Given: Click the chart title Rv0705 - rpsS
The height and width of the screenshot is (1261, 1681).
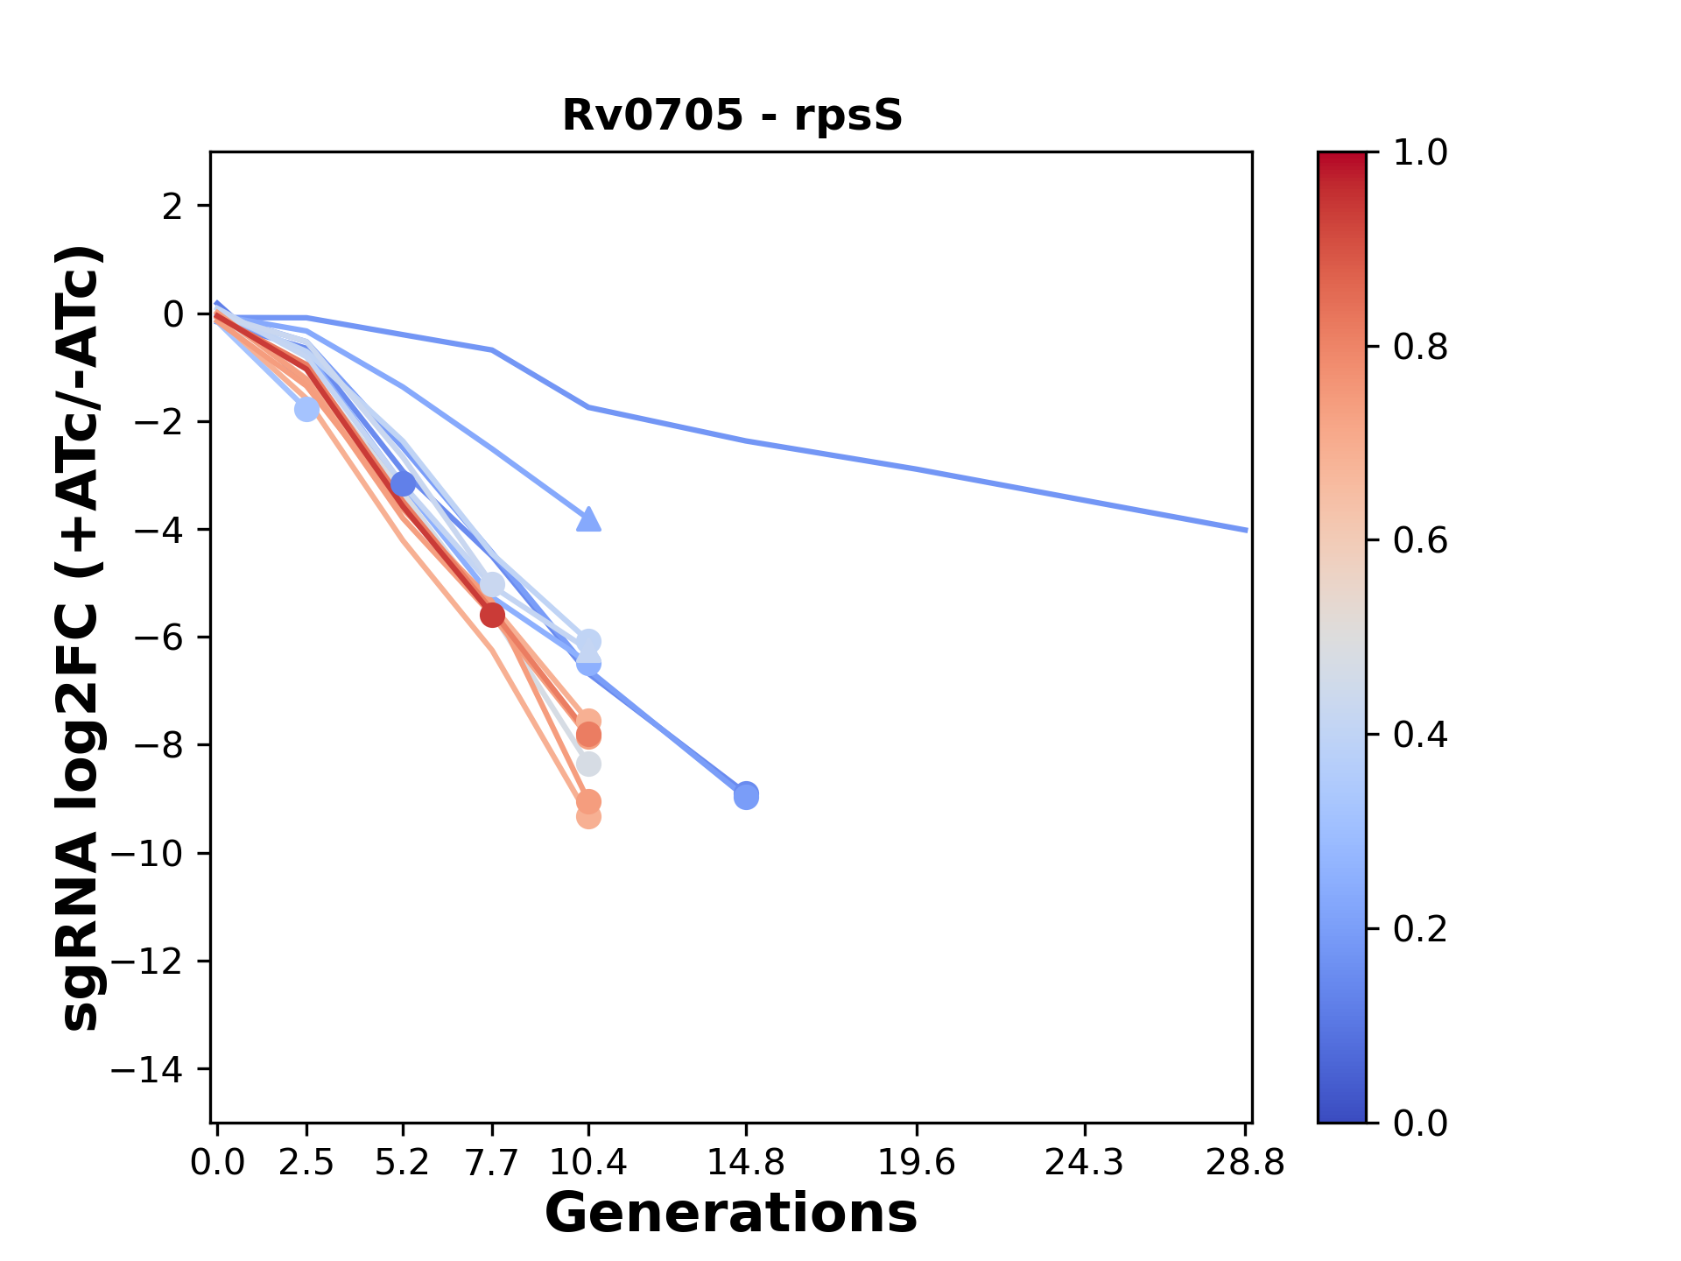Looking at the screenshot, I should pos(732,116).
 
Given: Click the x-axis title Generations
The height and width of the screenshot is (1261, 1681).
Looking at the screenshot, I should pos(731,1214).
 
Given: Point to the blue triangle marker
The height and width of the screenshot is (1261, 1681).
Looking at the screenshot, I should pos(589,519).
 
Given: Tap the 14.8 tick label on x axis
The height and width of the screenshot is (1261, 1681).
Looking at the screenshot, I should pos(746,1162).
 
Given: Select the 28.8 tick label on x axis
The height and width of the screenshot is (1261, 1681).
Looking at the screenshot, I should pos(1245,1162).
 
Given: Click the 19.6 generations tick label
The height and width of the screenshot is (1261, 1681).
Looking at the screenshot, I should pos(917,1162).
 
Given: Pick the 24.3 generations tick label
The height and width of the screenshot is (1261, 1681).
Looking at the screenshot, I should pos(1085,1162).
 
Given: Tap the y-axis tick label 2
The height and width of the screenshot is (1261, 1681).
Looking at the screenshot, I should pos(173,207).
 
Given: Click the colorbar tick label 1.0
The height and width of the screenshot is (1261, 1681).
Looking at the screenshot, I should pos(1420,153).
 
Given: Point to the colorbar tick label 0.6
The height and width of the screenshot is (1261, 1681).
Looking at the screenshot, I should pos(1420,541).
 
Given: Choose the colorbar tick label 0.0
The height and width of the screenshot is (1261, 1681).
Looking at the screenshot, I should pos(1420,1123).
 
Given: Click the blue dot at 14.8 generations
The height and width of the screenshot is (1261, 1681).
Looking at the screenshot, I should pos(746,795).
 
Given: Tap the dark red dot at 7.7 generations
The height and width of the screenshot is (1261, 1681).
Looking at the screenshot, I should pos(492,615).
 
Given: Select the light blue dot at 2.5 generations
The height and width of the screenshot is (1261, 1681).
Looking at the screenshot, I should pos(306,409).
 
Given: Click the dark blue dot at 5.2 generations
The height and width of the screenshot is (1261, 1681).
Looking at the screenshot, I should pos(403,483).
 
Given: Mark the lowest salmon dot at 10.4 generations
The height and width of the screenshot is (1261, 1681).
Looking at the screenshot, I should pos(589,817).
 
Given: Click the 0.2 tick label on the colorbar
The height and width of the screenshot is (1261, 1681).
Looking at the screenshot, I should pos(1420,929).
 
